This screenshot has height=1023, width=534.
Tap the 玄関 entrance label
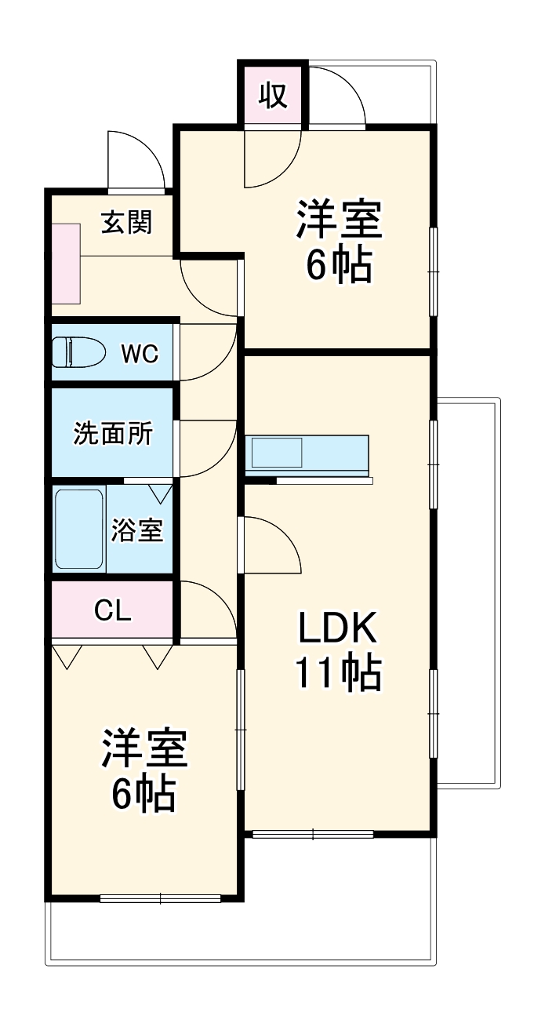127,223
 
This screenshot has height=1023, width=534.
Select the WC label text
140,354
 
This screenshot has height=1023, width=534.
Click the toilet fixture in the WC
78,352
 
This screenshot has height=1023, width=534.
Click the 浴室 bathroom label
137,530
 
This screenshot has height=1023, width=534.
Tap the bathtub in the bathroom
79,530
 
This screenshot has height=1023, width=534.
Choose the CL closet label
113,610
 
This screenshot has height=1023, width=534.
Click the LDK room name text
338,628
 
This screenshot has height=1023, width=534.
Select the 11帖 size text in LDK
338,672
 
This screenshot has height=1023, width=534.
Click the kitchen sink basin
275,454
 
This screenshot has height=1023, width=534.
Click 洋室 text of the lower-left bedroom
144,749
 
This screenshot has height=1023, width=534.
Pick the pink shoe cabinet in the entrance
66,264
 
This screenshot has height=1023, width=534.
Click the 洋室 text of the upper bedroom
338,220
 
